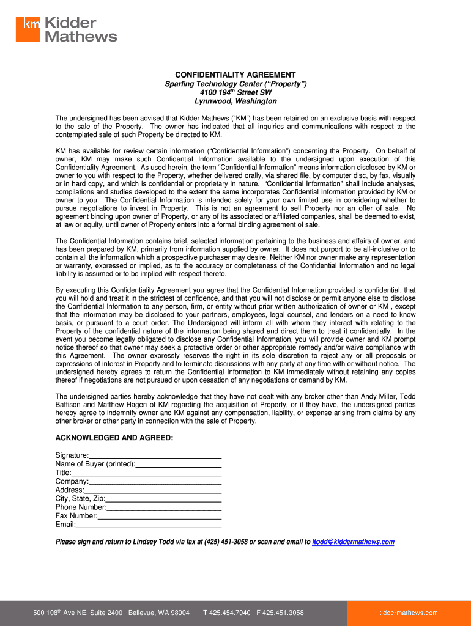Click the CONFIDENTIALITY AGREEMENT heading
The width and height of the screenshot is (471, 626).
236,75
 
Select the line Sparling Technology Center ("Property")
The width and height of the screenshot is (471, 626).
236,84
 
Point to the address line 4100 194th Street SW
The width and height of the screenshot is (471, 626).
236,92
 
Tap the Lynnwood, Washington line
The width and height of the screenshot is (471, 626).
236,101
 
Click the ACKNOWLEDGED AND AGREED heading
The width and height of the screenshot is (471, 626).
114,438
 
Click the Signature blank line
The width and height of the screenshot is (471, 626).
155,455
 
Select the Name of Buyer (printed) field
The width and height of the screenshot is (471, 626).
178,464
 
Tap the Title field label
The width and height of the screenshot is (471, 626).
63,473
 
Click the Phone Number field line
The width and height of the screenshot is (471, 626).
164,507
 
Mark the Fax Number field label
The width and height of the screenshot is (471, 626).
76,515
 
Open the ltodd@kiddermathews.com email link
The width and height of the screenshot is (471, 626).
353,542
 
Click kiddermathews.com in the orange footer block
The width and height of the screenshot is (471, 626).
408,613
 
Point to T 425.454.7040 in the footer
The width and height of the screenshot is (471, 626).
227,613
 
